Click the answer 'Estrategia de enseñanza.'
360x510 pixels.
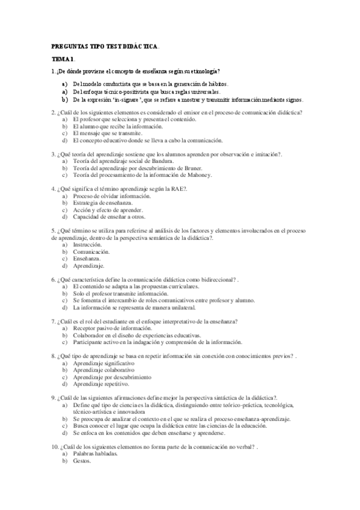pyautogui.click(x=99, y=203)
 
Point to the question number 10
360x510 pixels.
pyautogui.click(x=53, y=447)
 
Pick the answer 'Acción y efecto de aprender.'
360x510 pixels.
pyautogui.click(x=108, y=210)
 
